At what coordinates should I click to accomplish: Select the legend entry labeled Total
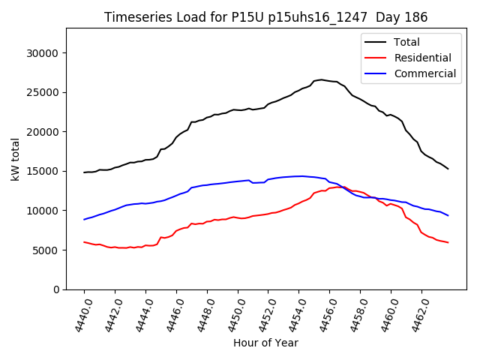click(x=406, y=42)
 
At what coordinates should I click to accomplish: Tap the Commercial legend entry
click(x=424, y=73)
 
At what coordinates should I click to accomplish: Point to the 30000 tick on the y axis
click(x=43, y=53)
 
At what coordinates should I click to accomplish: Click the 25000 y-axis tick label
click(x=43, y=93)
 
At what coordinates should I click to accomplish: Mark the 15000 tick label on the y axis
click(x=43, y=171)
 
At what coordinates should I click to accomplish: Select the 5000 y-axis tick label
click(x=46, y=250)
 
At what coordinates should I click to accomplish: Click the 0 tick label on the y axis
click(x=56, y=289)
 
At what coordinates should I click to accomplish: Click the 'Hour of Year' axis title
click(x=265, y=343)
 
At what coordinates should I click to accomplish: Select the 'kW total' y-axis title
click(x=15, y=159)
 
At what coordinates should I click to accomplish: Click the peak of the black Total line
click(x=322, y=79)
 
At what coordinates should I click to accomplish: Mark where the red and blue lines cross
click(x=346, y=188)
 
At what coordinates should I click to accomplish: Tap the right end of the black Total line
click(x=448, y=169)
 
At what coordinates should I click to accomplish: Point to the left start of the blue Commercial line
click(x=84, y=219)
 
